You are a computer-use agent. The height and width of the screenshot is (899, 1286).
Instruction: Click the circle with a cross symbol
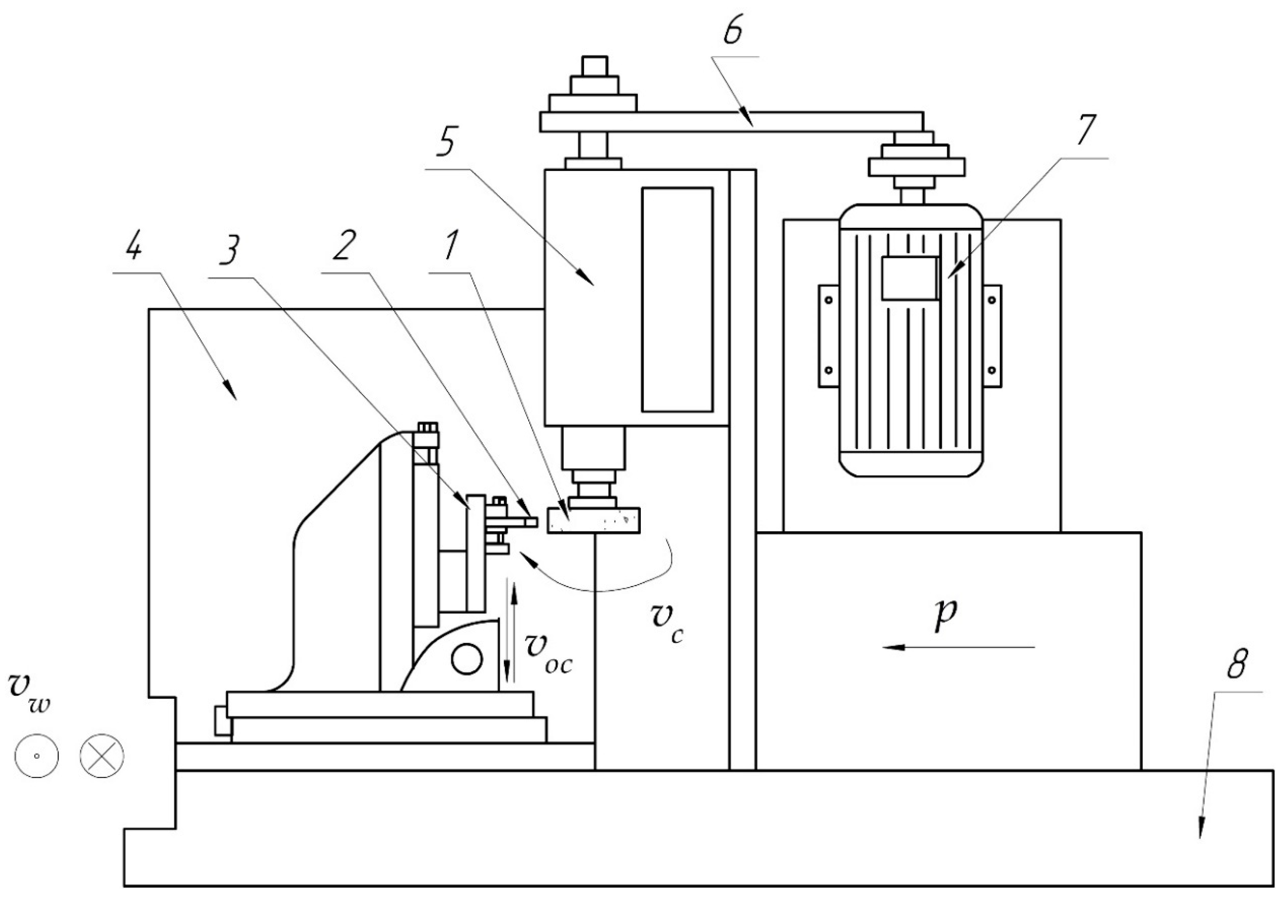pos(102,756)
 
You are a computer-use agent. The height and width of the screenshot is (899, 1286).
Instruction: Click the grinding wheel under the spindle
pos(594,520)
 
